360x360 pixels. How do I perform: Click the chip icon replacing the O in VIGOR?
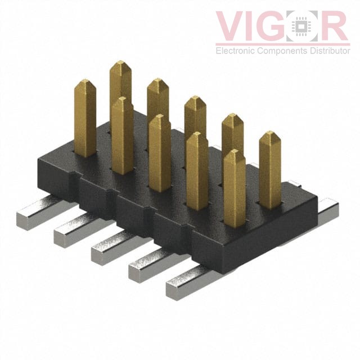(x=304, y=26)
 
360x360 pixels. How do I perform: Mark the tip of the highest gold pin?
(x=120, y=65)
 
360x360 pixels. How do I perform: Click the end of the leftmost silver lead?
(x=24, y=216)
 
